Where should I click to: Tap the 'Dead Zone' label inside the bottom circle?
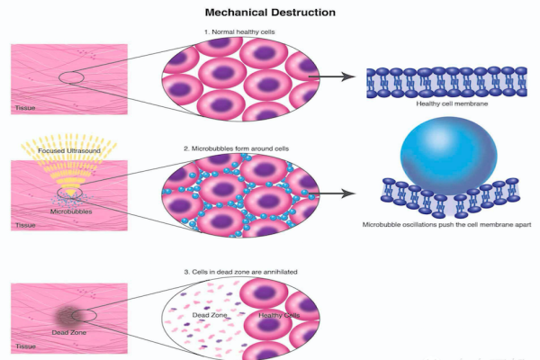(208, 315)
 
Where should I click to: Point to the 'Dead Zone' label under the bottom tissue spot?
(67, 332)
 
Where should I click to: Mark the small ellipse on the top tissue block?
(71, 78)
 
